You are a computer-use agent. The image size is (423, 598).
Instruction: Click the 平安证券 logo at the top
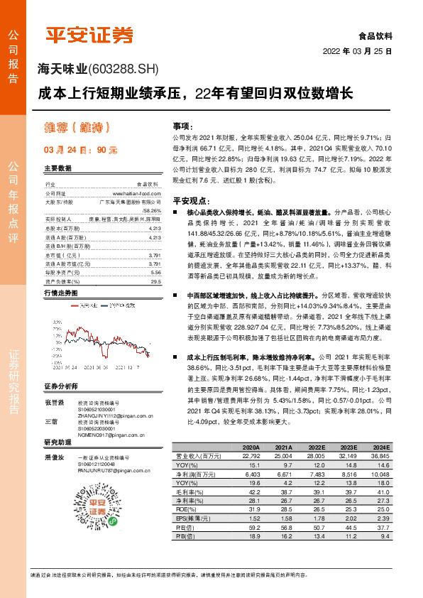(x=89, y=34)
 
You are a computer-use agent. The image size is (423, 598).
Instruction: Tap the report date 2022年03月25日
(x=358, y=52)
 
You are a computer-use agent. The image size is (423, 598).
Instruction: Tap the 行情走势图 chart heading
(x=61, y=293)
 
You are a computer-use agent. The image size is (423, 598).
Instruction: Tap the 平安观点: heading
(x=189, y=201)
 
